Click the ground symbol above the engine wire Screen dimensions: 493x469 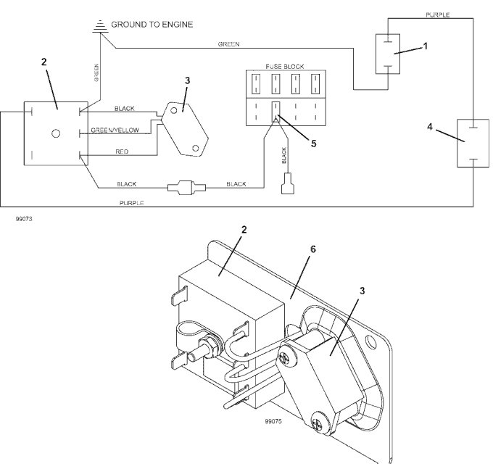(100, 26)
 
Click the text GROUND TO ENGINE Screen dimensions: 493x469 (152, 25)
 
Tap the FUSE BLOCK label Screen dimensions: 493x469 (285, 67)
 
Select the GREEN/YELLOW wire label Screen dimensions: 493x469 (115, 130)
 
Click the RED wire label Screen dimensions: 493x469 (122, 152)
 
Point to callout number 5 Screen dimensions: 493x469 (313, 144)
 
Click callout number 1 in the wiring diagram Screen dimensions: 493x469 (426, 46)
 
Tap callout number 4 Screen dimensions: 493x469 (430, 127)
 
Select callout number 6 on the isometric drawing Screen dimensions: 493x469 (313, 249)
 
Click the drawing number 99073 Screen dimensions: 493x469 (24, 219)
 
